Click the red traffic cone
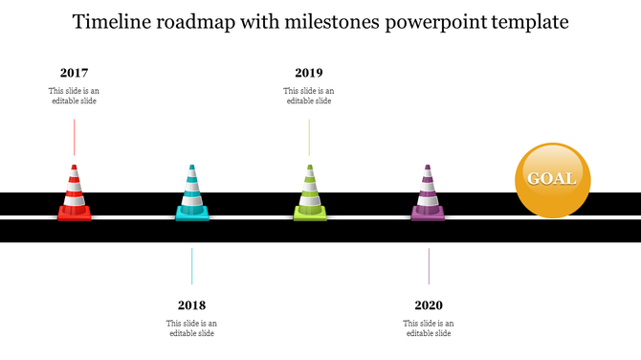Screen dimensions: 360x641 pyautogui.click(x=74, y=194)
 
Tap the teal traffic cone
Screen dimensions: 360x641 pyautogui.click(x=192, y=194)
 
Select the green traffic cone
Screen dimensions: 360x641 pyautogui.click(x=309, y=194)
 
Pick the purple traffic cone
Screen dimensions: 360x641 pyautogui.click(x=428, y=194)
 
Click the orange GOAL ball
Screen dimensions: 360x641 pyautogui.click(x=552, y=179)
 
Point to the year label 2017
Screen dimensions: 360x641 pyautogui.click(x=74, y=73)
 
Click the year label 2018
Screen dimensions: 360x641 pyautogui.click(x=191, y=305)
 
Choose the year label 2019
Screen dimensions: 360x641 pyautogui.click(x=309, y=73)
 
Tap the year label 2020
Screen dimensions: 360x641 pyautogui.click(x=429, y=305)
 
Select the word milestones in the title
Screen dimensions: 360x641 pyautogui.click(x=338, y=21)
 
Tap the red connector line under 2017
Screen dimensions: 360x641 pyautogui.click(x=74, y=138)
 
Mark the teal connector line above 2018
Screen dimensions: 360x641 pyautogui.click(x=191, y=265)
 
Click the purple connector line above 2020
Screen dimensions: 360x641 pyautogui.click(x=429, y=265)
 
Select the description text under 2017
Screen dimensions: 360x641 pyautogui.click(x=74, y=96)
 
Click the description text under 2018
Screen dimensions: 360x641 pyautogui.click(x=191, y=328)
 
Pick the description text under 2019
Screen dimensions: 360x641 pyautogui.click(x=309, y=96)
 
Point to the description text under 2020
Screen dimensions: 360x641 pyautogui.click(x=429, y=328)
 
